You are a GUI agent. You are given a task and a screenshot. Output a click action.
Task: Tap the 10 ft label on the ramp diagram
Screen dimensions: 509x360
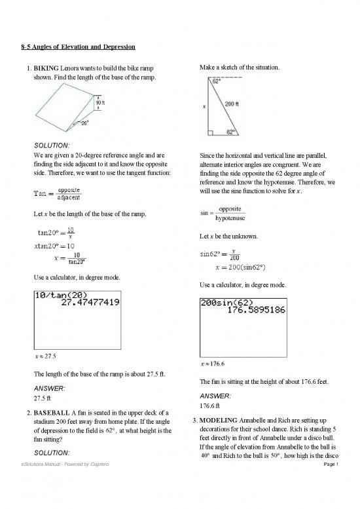[x=101, y=103]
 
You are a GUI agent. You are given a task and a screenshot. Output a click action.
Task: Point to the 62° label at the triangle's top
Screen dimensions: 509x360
[x=215, y=83]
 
